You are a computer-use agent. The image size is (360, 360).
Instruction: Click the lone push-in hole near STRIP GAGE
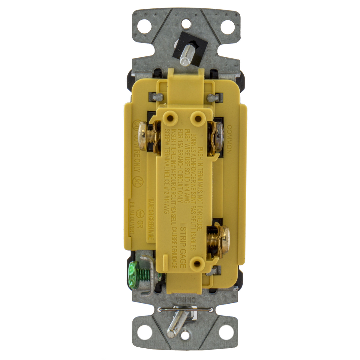(x=197, y=263)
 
